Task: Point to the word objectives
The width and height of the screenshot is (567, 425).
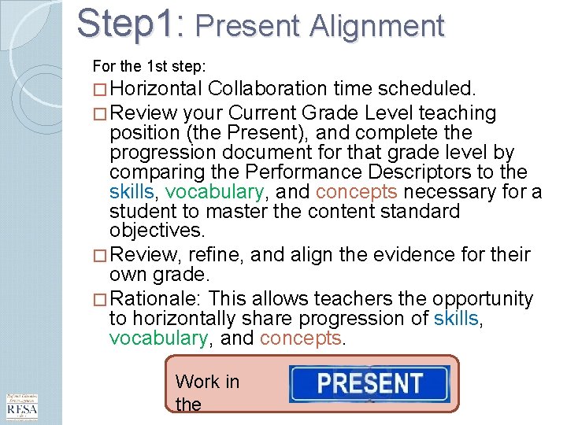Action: click(157, 231)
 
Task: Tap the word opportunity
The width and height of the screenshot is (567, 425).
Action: click(481, 299)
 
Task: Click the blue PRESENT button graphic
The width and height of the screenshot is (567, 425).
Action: click(369, 383)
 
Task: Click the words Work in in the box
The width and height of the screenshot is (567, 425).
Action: click(206, 382)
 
